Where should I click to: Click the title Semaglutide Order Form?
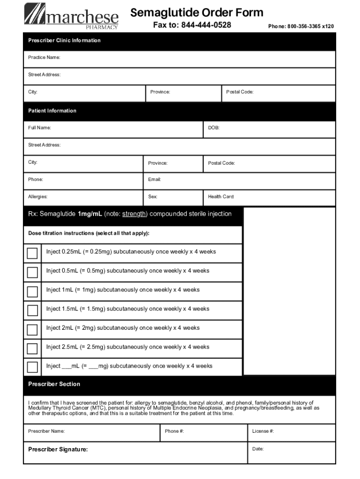point(196,13)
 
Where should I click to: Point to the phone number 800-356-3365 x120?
point(301,27)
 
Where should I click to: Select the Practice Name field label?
point(44,58)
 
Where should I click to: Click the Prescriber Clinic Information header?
point(64,40)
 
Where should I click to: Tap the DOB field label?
point(214,128)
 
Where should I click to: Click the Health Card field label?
point(221,197)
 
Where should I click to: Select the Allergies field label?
point(38,197)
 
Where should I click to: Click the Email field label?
point(155,180)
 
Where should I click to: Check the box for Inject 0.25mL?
point(32,254)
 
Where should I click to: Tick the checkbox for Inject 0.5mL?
point(32,272)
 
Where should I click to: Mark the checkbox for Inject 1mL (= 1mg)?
point(32,291)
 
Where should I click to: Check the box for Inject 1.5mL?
point(32,311)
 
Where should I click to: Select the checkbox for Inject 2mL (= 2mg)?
point(32,330)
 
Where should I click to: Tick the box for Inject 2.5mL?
point(32,348)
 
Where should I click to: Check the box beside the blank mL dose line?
point(32,367)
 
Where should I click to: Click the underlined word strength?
point(135,214)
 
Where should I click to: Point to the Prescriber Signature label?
point(58,450)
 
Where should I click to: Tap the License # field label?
point(263,431)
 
